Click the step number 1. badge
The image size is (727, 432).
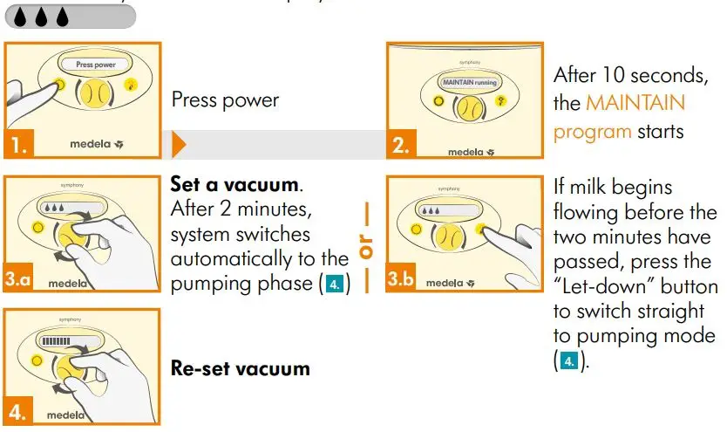tap(18, 145)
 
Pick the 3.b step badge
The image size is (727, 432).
tap(403, 279)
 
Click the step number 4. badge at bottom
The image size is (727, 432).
tap(18, 408)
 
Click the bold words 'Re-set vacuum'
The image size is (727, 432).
tap(240, 368)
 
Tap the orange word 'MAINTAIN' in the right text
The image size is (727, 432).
tap(635, 103)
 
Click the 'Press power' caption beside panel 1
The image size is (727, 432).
tap(225, 99)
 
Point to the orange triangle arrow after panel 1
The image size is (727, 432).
tap(179, 144)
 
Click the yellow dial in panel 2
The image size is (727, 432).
tap(471, 107)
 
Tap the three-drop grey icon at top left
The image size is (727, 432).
tap(66, 17)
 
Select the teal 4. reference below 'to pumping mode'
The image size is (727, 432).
tap(567, 360)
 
